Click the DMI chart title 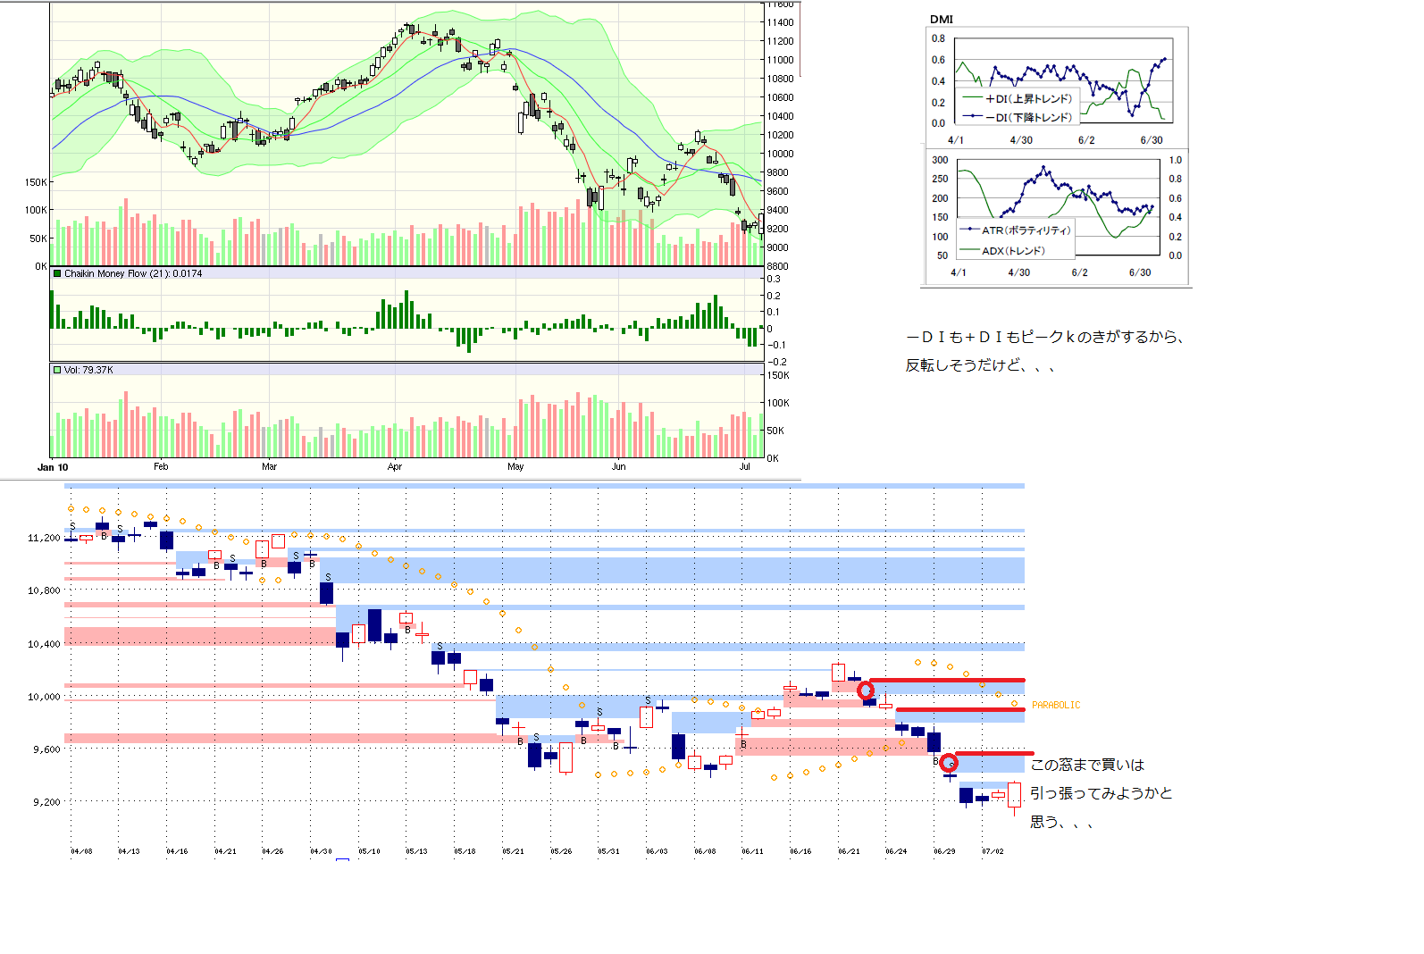point(941,19)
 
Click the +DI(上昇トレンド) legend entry point(1027,99)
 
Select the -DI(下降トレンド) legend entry point(1027,117)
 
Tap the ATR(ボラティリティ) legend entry point(1025,230)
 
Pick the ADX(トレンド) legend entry point(1013,251)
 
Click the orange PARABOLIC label point(1056,706)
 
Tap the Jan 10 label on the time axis point(53,467)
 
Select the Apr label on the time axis point(395,467)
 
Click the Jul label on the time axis point(745,467)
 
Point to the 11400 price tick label point(780,22)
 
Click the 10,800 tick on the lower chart point(44,590)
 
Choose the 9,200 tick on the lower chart point(46,802)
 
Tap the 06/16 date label point(800,851)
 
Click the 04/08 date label point(81,851)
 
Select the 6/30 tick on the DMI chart point(1152,140)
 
